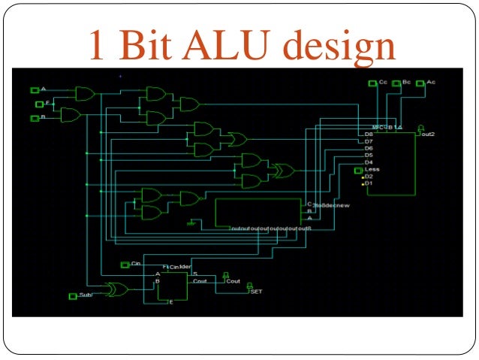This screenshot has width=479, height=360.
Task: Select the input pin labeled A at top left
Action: point(35,90)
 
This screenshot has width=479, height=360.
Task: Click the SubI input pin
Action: point(73,296)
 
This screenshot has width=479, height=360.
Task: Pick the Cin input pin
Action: point(125,265)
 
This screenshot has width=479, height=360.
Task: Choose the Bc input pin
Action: point(396,82)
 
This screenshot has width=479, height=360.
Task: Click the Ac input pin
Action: point(420,82)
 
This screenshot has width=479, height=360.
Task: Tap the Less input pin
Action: point(359,170)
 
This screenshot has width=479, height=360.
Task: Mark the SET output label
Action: point(256,291)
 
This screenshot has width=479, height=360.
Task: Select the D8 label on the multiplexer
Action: point(369,135)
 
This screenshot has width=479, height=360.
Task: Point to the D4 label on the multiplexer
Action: point(369,162)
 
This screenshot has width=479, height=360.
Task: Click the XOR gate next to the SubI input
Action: point(116,289)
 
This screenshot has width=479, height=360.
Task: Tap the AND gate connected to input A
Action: point(84,94)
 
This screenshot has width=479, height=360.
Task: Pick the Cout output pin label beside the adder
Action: point(233,281)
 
